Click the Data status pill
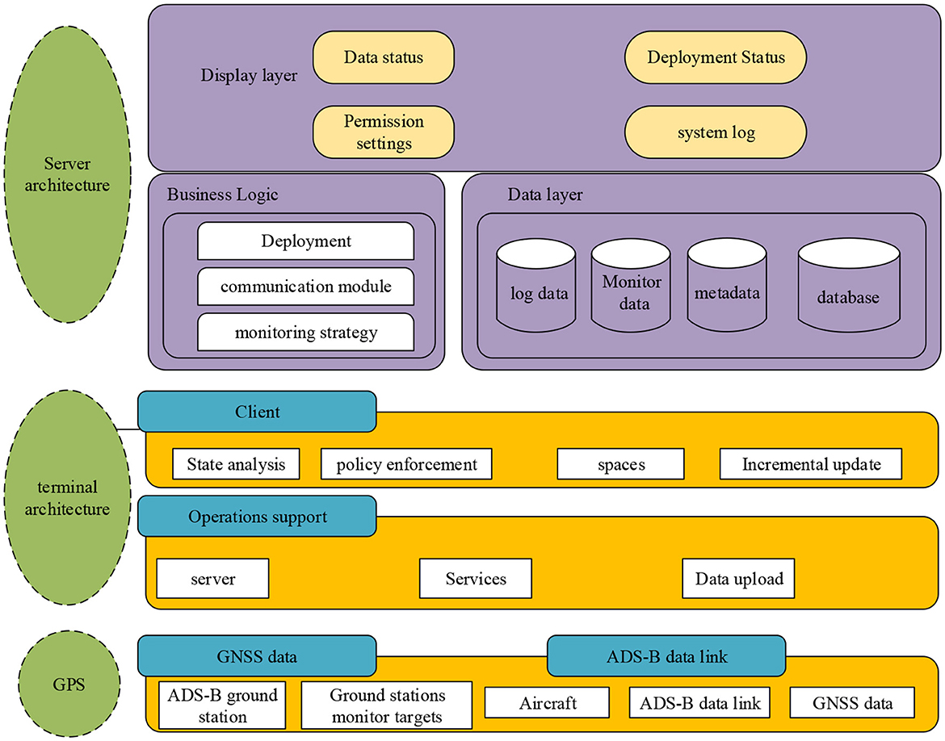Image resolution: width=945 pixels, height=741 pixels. pyautogui.click(x=384, y=57)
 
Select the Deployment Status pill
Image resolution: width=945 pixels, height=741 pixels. pyautogui.click(x=716, y=57)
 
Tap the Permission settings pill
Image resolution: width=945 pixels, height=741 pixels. pyautogui.click(x=384, y=132)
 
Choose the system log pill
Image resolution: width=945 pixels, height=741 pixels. pyautogui.click(x=716, y=132)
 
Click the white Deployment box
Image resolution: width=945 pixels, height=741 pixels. pyautogui.click(x=306, y=241)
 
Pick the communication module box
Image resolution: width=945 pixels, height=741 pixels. pyautogui.click(x=306, y=287)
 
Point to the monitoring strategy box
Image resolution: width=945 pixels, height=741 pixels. pyautogui.click(x=306, y=332)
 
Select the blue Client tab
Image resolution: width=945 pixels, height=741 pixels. pyautogui.click(x=257, y=412)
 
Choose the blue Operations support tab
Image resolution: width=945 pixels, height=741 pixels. pyautogui.click(x=257, y=517)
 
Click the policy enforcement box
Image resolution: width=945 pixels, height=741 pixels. pyautogui.click(x=406, y=464)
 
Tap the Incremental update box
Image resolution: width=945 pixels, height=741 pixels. pyautogui.click(x=811, y=464)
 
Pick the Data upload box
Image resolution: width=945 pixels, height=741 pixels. pyautogui.click(x=739, y=579)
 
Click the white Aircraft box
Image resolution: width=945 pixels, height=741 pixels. pyautogui.click(x=548, y=702)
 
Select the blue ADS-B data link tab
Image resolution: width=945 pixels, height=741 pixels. pyautogui.click(x=666, y=655)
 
